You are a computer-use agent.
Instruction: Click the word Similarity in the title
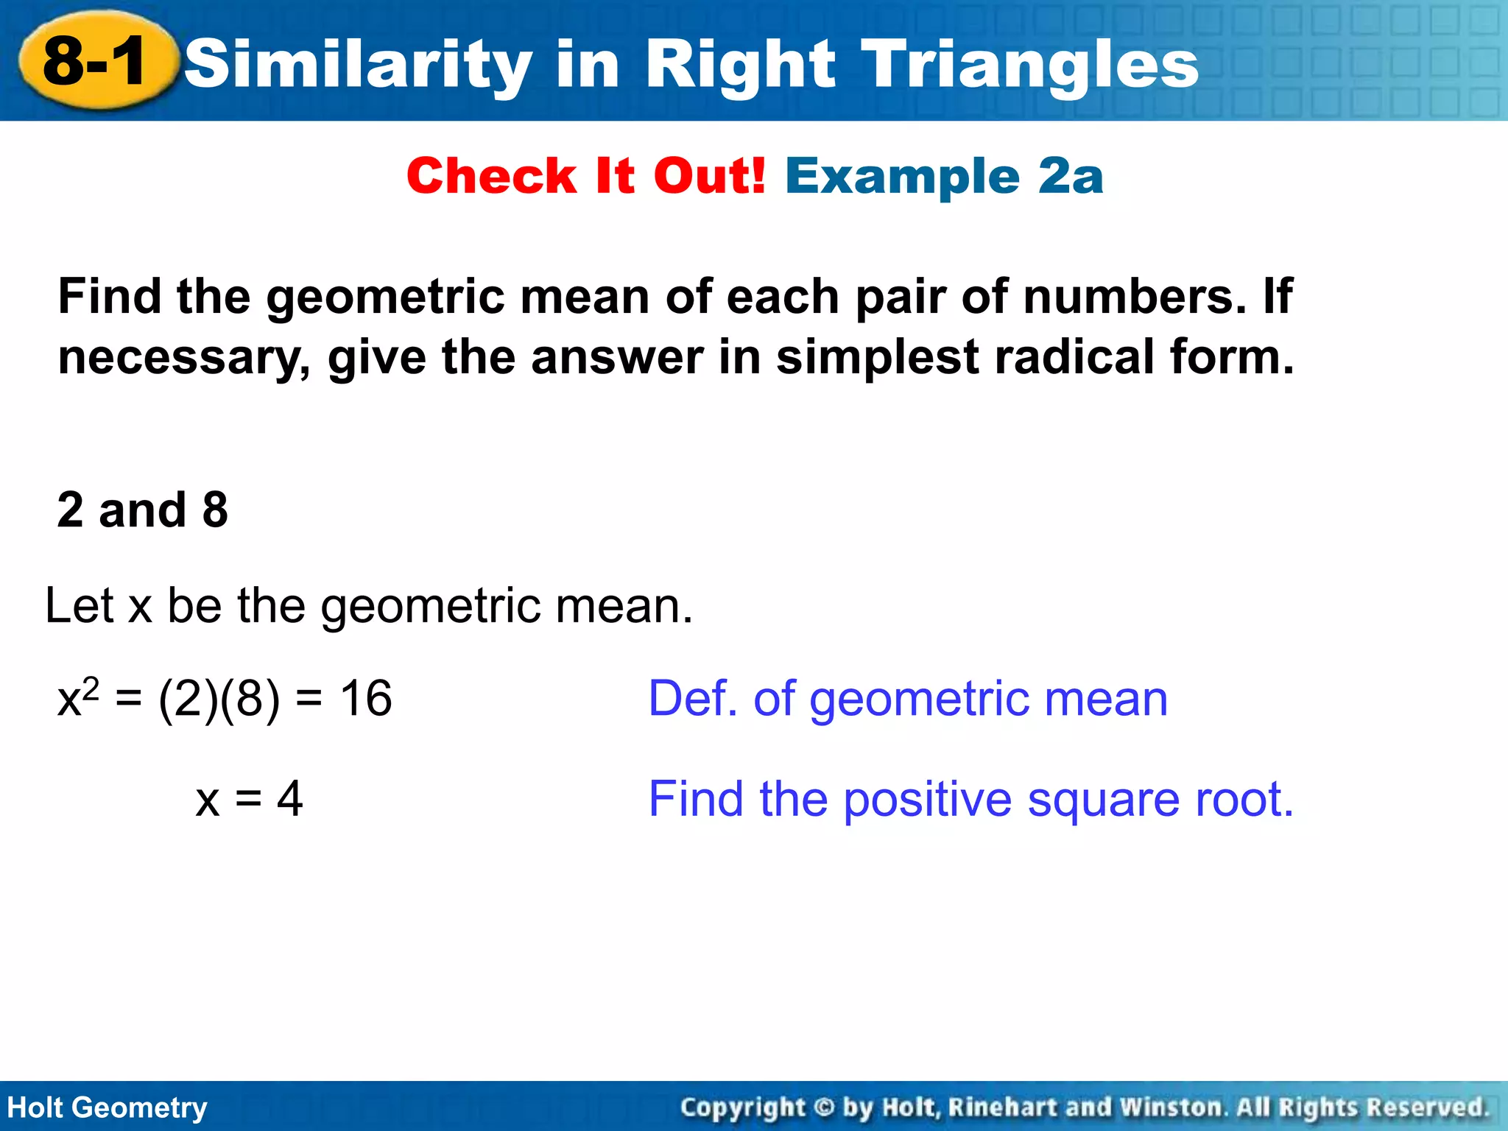tap(358, 65)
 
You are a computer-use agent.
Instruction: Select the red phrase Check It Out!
tap(586, 177)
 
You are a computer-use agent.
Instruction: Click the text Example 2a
tap(944, 177)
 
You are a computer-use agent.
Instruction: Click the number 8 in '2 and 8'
tap(215, 510)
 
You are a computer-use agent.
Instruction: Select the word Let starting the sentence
tap(80, 606)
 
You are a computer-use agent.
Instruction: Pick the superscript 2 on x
tap(91, 686)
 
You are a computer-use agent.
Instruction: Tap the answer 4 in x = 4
tap(289, 799)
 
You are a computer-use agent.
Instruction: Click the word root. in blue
tap(1244, 800)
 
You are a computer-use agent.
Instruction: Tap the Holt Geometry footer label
tap(108, 1107)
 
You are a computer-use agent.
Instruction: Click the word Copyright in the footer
tap(742, 1107)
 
